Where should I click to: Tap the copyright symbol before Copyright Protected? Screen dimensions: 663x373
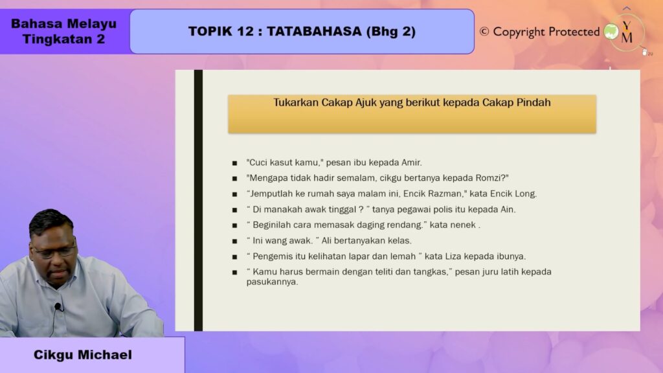(484, 32)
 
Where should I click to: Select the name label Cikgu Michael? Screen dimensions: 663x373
(82, 355)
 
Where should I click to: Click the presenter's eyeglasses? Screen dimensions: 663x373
(54, 252)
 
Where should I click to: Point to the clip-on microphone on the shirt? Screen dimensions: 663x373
(58, 306)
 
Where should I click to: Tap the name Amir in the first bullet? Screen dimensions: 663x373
(411, 163)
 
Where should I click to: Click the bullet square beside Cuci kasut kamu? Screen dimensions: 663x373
(234, 163)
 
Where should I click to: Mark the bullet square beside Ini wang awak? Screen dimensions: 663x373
(234, 241)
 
